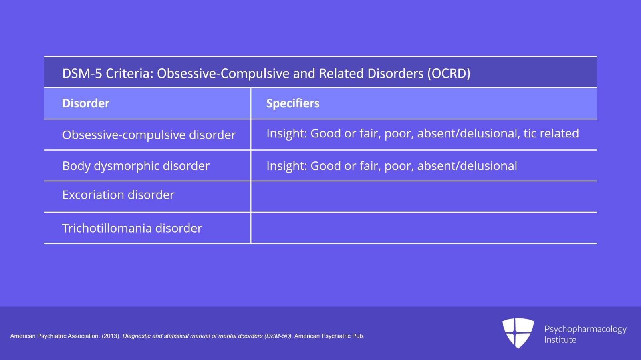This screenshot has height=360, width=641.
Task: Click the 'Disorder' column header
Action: coord(86,103)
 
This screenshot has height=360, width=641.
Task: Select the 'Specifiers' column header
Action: coord(293,103)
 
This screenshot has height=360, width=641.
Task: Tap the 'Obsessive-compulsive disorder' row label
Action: coord(149,135)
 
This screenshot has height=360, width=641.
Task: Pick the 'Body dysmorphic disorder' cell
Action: coord(136,166)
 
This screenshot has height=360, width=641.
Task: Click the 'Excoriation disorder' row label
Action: coord(118,195)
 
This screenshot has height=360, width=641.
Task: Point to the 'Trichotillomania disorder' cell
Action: coord(132,228)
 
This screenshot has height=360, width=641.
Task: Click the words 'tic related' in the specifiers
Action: coord(551,133)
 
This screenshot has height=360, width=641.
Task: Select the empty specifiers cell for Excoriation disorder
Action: coord(424,197)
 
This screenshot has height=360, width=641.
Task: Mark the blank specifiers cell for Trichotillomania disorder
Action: coord(424,228)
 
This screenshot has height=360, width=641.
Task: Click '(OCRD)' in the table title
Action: coord(449,74)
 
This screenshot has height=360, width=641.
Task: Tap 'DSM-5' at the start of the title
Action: coord(82,74)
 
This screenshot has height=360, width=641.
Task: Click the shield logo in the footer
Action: coord(518,333)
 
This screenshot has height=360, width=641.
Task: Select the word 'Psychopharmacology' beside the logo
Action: coord(585,329)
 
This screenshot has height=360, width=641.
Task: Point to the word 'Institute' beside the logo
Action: coord(560,340)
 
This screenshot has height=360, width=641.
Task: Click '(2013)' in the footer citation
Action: coord(111,336)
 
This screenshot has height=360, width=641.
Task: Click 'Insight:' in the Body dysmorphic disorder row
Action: coord(287,166)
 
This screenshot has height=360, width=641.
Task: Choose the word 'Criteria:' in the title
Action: coord(130,74)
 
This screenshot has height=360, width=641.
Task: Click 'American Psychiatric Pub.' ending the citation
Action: coord(329,336)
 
